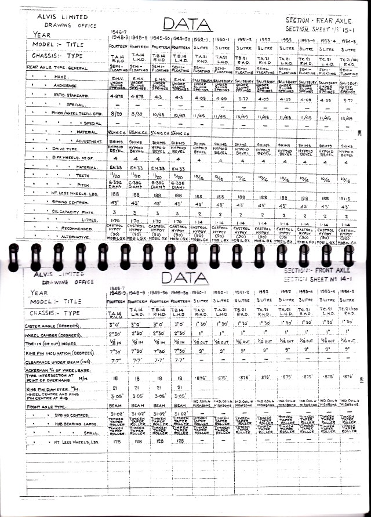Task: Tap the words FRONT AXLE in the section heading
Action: (335, 271)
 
